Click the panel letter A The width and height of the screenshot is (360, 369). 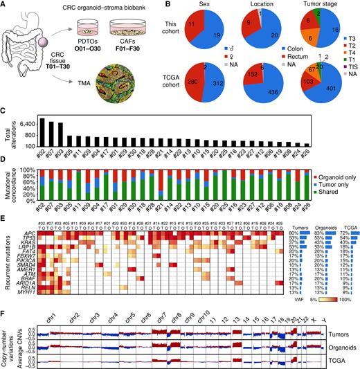[5, 6]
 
